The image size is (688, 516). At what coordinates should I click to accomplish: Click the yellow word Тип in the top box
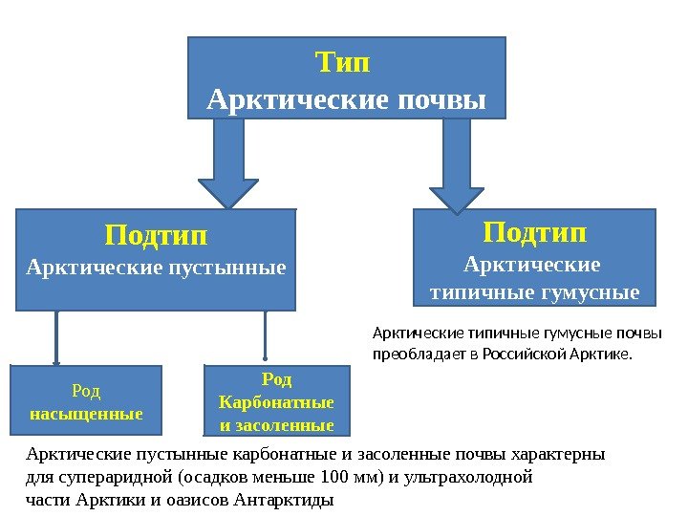pyautogui.click(x=343, y=64)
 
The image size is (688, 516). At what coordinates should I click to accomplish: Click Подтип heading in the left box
pyautogui.click(x=156, y=234)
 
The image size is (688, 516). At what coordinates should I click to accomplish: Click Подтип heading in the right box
pyautogui.click(x=534, y=232)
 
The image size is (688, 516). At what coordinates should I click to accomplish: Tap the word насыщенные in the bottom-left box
pyautogui.click(x=86, y=415)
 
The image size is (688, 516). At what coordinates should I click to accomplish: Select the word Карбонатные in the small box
pyautogui.click(x=276, y=402)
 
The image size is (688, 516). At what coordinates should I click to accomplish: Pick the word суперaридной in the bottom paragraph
pyautogui.click(x=114, y=477)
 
